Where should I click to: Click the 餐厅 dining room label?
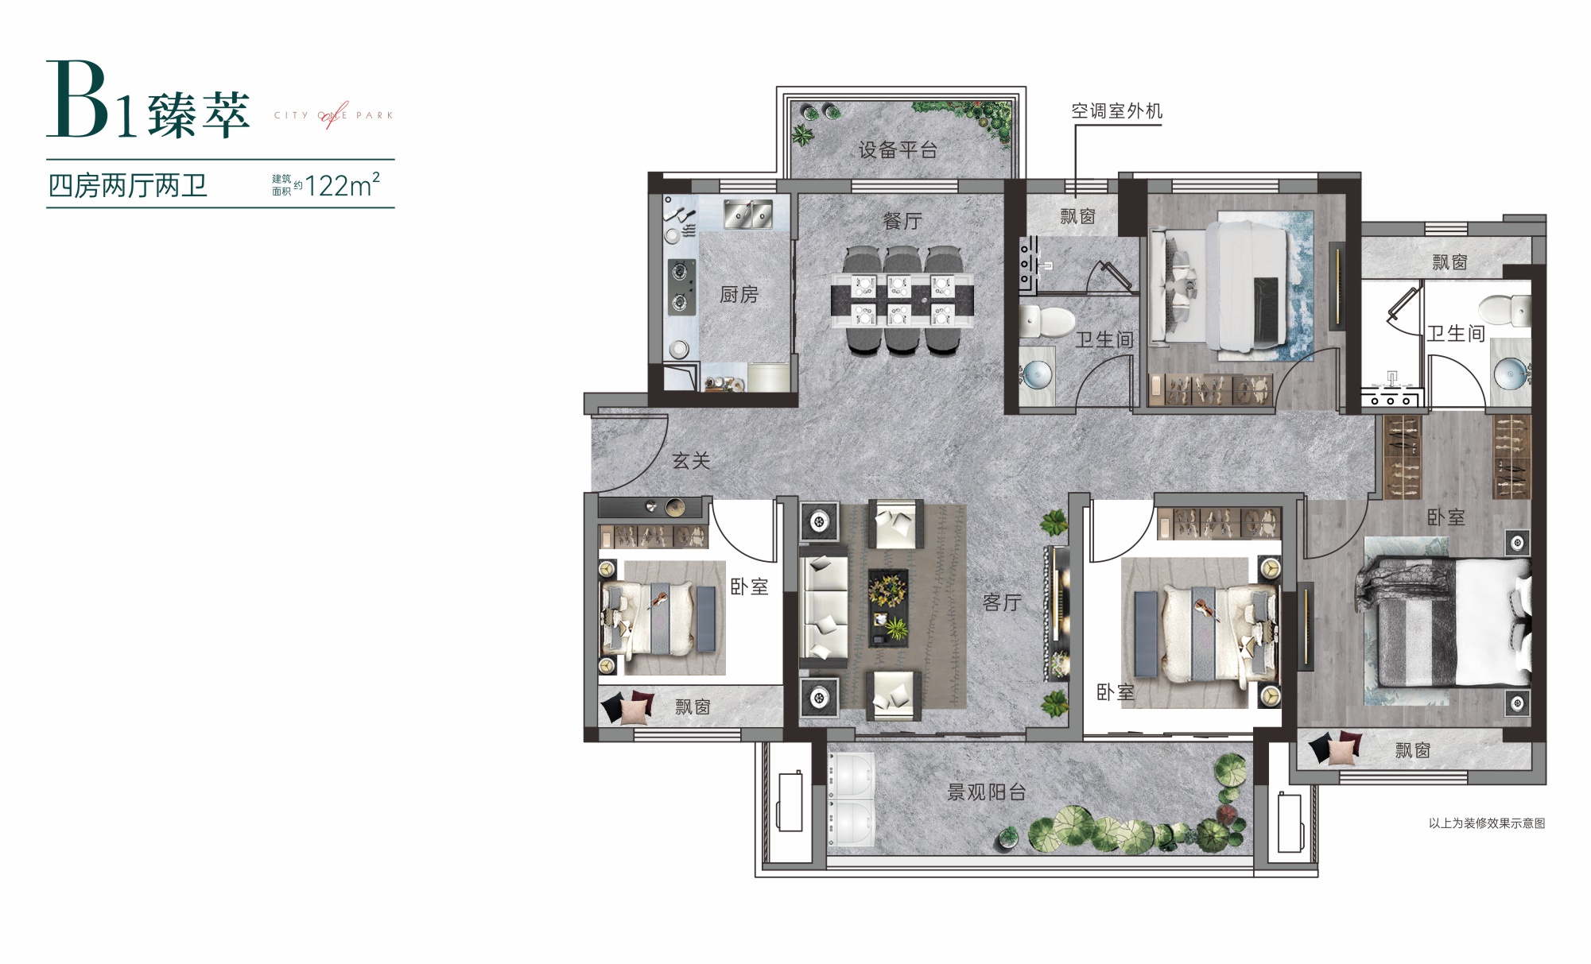902,221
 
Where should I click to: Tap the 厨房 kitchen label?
739,295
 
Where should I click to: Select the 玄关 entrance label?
691,461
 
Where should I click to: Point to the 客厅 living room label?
1002,602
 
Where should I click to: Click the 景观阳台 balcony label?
987,792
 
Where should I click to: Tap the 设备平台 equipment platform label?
898,150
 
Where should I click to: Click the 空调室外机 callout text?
1116,111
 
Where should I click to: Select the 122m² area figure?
342,185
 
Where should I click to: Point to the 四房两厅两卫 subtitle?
128,186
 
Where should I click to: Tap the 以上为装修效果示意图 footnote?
1487,823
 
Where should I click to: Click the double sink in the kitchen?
747,214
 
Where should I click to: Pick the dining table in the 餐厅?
902,301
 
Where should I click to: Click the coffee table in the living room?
888,608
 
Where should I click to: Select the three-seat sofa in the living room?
824,608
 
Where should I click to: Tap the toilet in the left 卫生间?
1037,321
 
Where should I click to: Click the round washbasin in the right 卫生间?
1510,372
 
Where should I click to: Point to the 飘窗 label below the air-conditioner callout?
1077,216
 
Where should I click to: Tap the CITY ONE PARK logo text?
334,115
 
